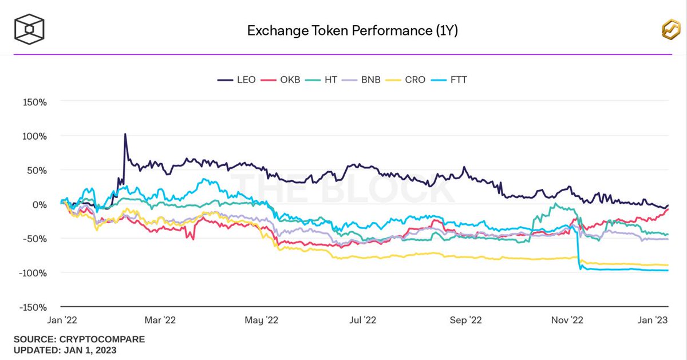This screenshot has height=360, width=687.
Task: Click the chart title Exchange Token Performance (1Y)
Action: [x=352, y=30]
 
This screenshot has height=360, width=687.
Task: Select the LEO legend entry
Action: [x=236, y=80]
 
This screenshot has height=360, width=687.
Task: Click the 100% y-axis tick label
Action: [x=34, y=136]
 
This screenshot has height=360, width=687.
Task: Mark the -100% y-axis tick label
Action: [x=33, y=272]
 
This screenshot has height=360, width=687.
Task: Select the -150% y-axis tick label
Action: [x=33, y=307]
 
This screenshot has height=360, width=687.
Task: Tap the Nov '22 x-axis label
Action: [x=567, y=321]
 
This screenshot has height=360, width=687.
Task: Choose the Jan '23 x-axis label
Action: [x=653, y=321]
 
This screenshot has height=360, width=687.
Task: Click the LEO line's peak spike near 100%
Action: [x=125, y=135]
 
